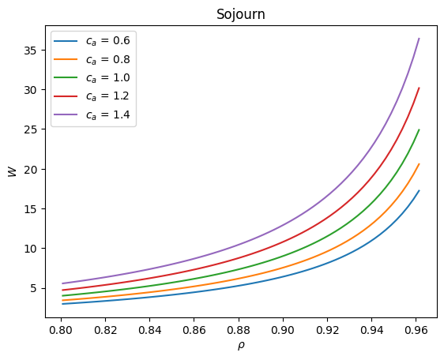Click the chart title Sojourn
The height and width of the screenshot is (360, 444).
241,14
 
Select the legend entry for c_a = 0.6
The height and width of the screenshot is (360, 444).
92,41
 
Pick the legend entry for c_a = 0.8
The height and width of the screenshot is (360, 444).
92,60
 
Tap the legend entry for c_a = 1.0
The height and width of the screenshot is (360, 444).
92,78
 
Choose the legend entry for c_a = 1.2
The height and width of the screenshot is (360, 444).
92,96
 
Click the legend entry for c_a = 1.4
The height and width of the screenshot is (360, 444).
92,114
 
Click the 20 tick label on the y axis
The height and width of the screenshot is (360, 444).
31,169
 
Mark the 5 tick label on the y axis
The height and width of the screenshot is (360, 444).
35,288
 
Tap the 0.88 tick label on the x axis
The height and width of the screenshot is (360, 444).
239,330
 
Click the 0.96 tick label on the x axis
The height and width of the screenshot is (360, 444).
416,330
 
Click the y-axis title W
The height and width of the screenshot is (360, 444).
13,172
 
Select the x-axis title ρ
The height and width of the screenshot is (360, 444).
241,346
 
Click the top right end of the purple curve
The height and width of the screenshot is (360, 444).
419,38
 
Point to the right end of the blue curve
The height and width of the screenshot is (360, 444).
419,190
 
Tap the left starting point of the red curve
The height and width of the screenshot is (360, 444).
62,290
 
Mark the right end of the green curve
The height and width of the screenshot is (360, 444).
419,129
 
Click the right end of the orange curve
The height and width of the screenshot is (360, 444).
419,164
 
